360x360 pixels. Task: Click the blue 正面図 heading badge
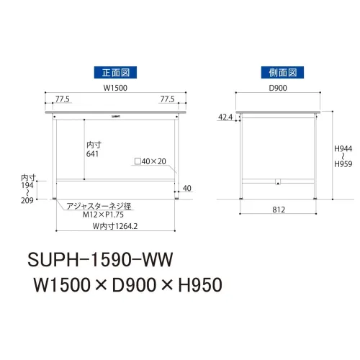pyautogui.click(x=115, y=72)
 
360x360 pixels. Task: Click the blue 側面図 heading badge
pyautogui.click(x=282, y=72)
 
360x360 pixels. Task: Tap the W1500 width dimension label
pyautogui.click(x=115, y=88)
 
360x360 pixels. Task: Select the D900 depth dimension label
pyautogui.click(x=278, y=88)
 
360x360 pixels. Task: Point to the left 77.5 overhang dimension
pyautogui.click(x=63, y=99)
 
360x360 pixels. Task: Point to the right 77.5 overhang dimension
pyautogui.click(x=167, y=99)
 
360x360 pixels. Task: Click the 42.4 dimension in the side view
pyautogui.click(x=225, y=117)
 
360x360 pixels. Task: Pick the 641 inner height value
pyautogui.click(x=92, y=154)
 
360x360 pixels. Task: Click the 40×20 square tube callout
pyautogui.click(x=150, y=161)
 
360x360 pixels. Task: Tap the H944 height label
pyautogui.click(x=343, y=148)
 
